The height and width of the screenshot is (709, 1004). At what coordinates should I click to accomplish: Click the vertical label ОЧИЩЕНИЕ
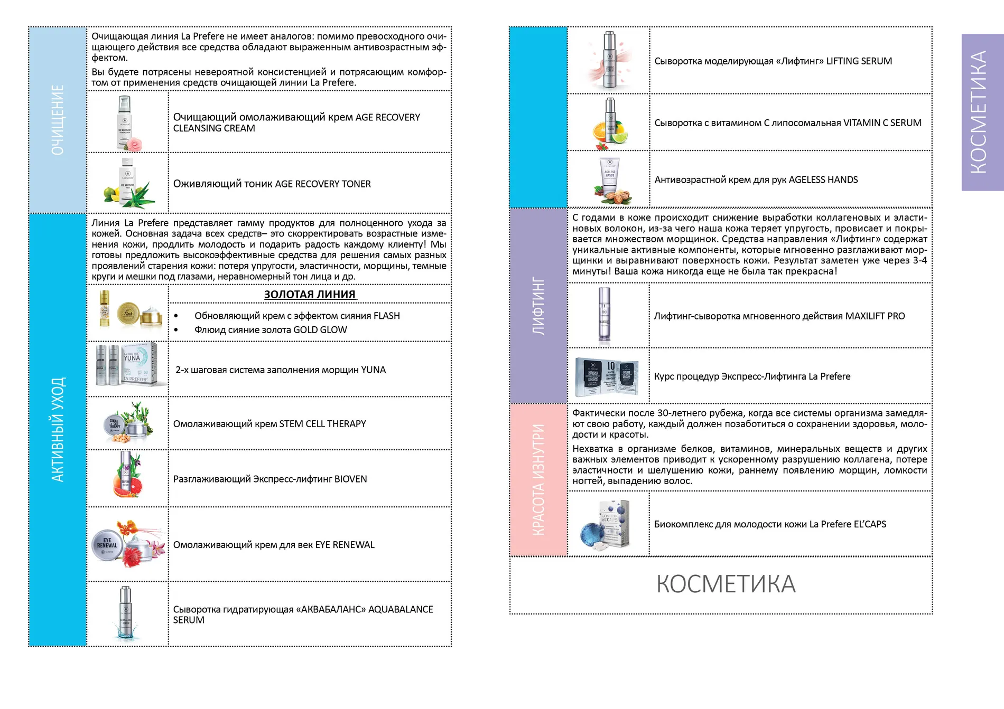point(58,120)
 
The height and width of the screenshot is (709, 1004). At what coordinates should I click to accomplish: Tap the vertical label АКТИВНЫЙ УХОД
point(58,429)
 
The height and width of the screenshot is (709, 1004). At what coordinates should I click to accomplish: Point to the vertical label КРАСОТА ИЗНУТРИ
point(538,480)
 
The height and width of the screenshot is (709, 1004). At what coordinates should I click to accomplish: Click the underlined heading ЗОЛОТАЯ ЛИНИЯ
point(310,295)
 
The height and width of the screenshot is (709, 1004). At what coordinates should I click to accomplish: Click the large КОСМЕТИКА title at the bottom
point(726,584)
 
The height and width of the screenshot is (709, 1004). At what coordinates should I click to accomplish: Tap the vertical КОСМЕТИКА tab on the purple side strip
point(978,112)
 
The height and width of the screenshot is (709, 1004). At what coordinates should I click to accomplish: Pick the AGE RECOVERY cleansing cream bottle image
point(125,122)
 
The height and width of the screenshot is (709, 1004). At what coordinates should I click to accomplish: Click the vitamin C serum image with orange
point(610,124)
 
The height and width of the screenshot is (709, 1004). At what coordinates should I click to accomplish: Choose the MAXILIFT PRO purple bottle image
point(604,315)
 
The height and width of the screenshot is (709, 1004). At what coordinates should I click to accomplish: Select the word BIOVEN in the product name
point(350,479)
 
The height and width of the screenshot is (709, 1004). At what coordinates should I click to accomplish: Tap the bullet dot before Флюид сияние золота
point(176,330)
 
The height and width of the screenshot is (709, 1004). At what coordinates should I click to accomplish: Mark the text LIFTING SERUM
point(859,61)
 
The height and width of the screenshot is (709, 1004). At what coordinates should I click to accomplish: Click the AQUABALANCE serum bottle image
point(125,612)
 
